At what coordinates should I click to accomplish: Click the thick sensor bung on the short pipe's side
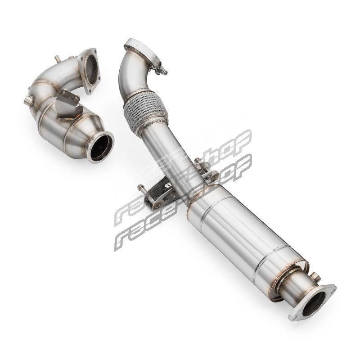point(29,100)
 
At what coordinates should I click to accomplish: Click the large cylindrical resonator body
point(246,237)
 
